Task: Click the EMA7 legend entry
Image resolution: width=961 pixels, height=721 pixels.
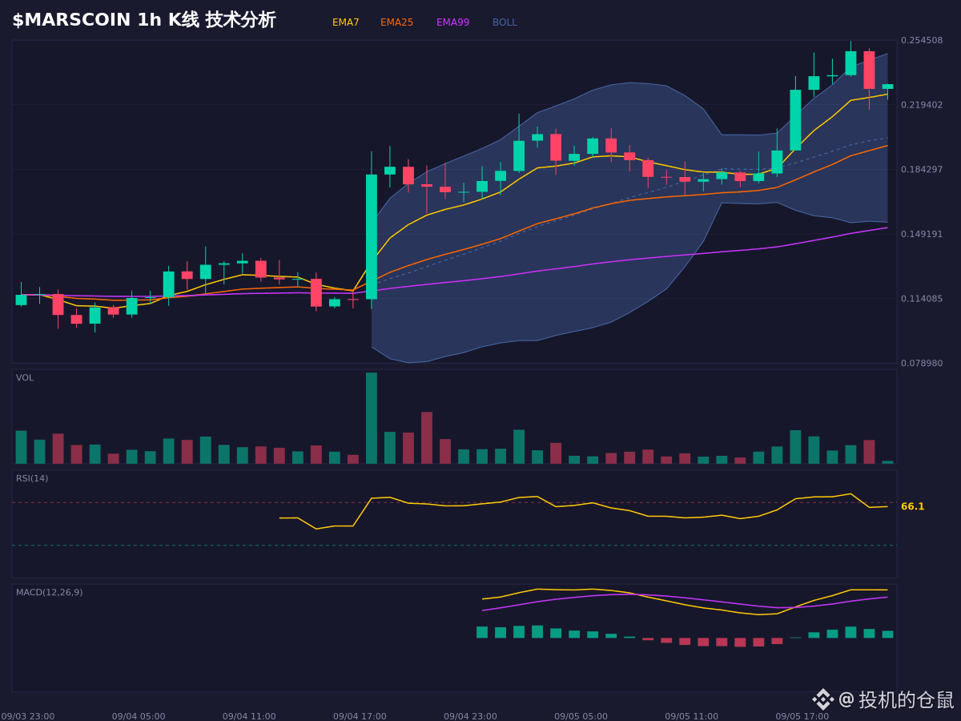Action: [x=345, y=22]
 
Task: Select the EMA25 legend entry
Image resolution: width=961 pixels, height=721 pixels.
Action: [x=396, y=22]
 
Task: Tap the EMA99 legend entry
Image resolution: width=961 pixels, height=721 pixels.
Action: [x=452, y=22]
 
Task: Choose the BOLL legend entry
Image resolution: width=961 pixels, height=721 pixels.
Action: [x=505, y=22]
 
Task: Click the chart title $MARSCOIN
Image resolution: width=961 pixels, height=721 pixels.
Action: [x=71, y=20]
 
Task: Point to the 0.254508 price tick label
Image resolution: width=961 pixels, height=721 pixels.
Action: [x=922, y=40]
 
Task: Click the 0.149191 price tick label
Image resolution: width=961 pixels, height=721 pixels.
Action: [x=922, y=234]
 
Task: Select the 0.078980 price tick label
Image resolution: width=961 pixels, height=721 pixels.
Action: [x=922, y=364]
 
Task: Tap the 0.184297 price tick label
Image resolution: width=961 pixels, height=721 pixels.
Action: [x=922, y=169]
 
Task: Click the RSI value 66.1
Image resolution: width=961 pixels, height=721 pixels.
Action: [x=912, y=506]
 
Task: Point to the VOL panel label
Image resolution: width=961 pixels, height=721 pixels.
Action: [x=25, y=378]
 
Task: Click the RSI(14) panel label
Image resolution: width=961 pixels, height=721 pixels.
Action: [x=32, y=478]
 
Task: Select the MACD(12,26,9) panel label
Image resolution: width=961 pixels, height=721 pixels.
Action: [x=49, y=592]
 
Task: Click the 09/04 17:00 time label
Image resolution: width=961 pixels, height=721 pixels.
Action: [x=360, y=716]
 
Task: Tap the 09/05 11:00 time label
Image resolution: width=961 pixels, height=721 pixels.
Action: [x=691, y=716]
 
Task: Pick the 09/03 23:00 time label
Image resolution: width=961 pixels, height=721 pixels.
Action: [x=28, y=716]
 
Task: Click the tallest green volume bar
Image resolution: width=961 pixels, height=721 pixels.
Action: [x=372, y=418]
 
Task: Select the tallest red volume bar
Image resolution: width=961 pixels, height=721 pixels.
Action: [x=427, y=437]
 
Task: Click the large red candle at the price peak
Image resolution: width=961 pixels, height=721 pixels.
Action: [x=869, y=70]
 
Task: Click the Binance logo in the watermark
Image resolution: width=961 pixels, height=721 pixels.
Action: [x=823, y=699]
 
